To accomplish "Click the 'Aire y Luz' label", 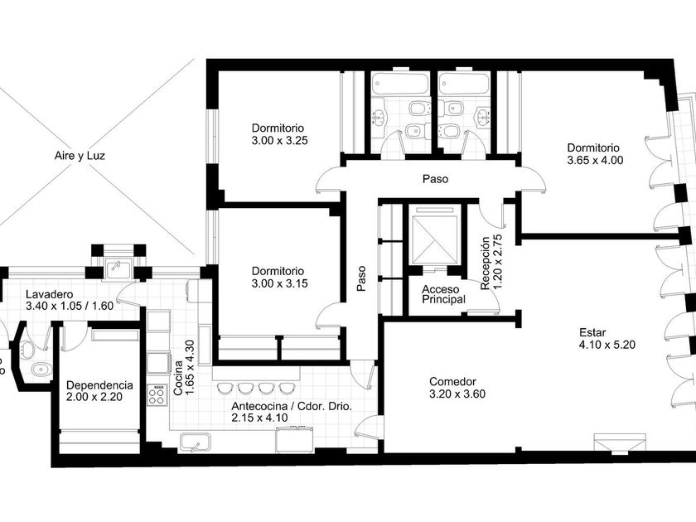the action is click(80, 156).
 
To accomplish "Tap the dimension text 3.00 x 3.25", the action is click(280, 141).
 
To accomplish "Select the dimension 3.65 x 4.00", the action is click(595, 160).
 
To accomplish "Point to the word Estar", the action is click(592, 332).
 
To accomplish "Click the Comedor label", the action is click(452, 382).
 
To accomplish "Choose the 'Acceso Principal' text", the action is click(443, 295).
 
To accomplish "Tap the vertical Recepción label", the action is click(486, 263).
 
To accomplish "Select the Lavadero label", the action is click(49, 294).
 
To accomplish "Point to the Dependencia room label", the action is click(99, 384).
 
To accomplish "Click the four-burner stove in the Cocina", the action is click(157, 394).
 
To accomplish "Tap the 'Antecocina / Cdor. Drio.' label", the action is click(292, 406).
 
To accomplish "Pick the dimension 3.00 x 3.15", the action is click(280, 283).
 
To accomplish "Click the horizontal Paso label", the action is click(435, 179).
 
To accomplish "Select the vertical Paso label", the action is click(362, 278).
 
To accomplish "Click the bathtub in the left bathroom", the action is click(400, 84).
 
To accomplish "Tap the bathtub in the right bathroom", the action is click(463, 84).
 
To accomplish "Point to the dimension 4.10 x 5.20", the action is click(607, 345).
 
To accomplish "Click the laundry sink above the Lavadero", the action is click(117, 270).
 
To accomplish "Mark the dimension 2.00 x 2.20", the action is click(94, 397).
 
